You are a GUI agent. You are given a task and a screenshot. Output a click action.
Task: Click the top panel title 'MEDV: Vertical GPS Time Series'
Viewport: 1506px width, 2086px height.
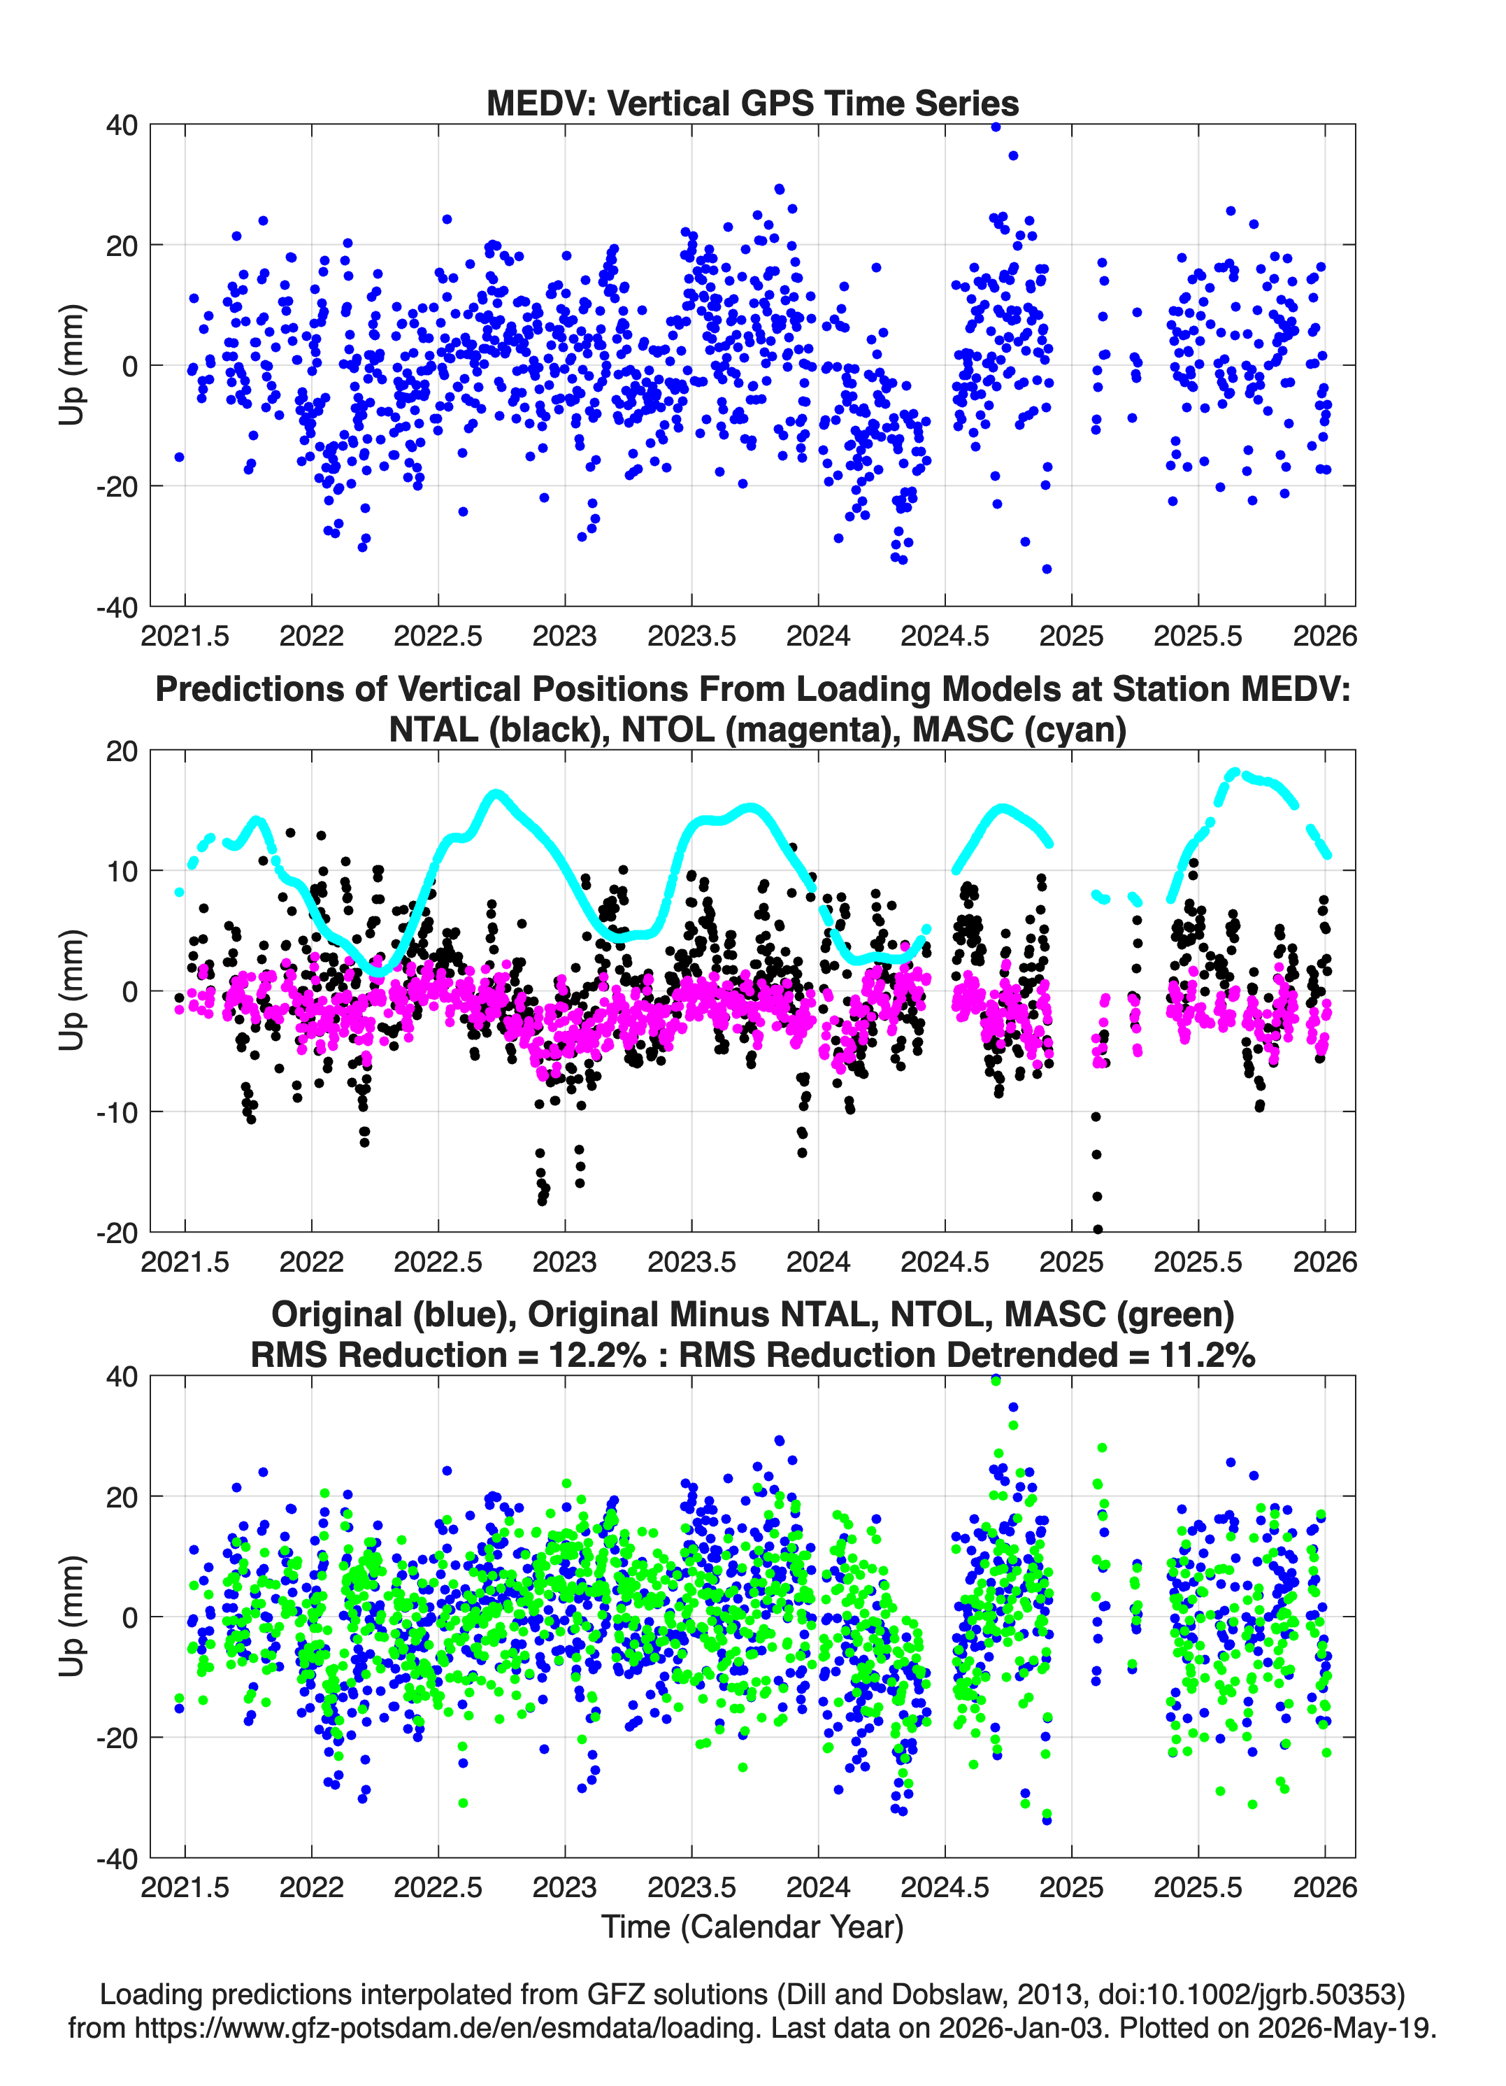pyautogui.click(x=752, y=103)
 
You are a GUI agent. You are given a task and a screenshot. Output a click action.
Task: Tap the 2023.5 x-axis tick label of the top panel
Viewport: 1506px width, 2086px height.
pyautogui.click(x=691, y=636)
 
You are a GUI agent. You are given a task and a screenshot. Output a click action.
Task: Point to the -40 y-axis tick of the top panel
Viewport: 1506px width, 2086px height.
pyautogui.click(x=117, y=607)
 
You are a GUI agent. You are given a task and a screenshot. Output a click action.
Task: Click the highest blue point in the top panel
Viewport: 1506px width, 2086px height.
pyautogui.click(x=996, y=127)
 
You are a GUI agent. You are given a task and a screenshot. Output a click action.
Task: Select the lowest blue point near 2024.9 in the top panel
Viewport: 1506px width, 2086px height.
pyautogui.click(x=1046, y=569)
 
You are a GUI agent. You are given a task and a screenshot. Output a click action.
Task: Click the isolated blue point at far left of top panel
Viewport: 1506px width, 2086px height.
pyautogui.click(x=179, y=457)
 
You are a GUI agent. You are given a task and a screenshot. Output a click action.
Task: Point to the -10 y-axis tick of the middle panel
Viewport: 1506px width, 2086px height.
pyautogui.click(x=117, y=1112)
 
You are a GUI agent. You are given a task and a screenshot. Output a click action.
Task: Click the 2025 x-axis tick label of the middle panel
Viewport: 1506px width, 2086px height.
pyautogui.click(x=1071, y=1262)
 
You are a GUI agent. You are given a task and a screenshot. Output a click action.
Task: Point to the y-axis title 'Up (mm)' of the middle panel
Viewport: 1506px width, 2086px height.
pyautogui.click(x=72, y=991)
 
